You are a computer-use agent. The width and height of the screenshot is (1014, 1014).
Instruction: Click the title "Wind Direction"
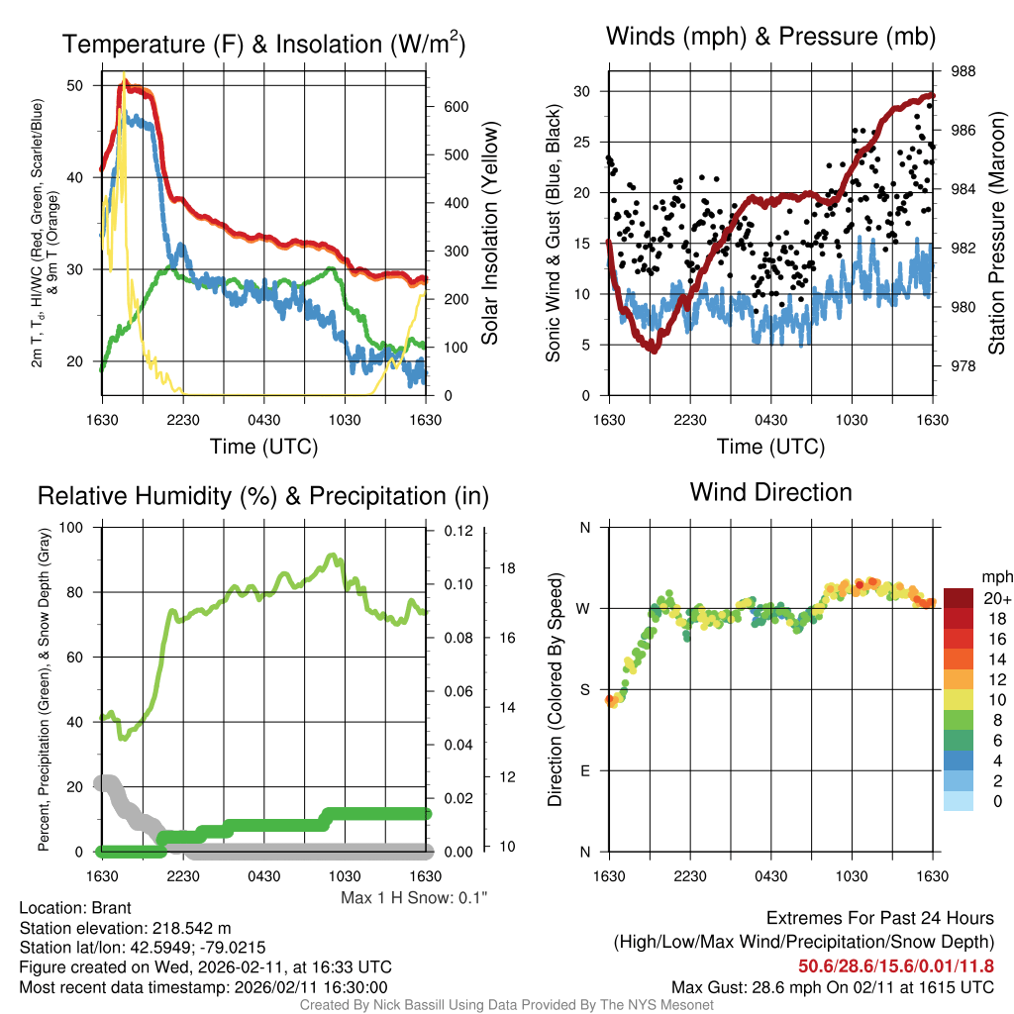[770, 491]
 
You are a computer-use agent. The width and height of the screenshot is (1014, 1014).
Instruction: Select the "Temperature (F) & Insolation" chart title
[263, 45]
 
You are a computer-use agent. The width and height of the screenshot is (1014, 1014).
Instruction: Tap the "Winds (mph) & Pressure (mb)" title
[770, 38]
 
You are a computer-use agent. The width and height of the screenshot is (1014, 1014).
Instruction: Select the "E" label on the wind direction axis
[584, 770]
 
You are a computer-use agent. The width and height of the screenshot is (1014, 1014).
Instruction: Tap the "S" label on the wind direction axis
[584, 689]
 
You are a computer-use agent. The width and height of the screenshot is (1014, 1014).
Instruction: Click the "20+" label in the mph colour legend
[995, 599]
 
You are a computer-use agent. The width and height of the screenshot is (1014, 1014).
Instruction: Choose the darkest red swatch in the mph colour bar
[958, 598]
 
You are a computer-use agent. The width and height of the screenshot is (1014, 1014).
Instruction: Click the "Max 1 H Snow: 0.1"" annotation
[413, 897]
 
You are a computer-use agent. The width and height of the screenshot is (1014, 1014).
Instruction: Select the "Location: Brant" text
[75, 908]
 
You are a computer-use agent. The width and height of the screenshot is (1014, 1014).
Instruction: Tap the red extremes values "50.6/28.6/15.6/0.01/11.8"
[896, 965]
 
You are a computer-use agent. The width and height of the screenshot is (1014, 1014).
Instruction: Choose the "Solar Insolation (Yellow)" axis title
[489, 234]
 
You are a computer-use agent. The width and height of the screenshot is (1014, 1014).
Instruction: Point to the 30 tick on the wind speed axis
[582, 91]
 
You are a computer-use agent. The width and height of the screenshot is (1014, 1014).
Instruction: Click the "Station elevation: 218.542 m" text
[125, 928]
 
